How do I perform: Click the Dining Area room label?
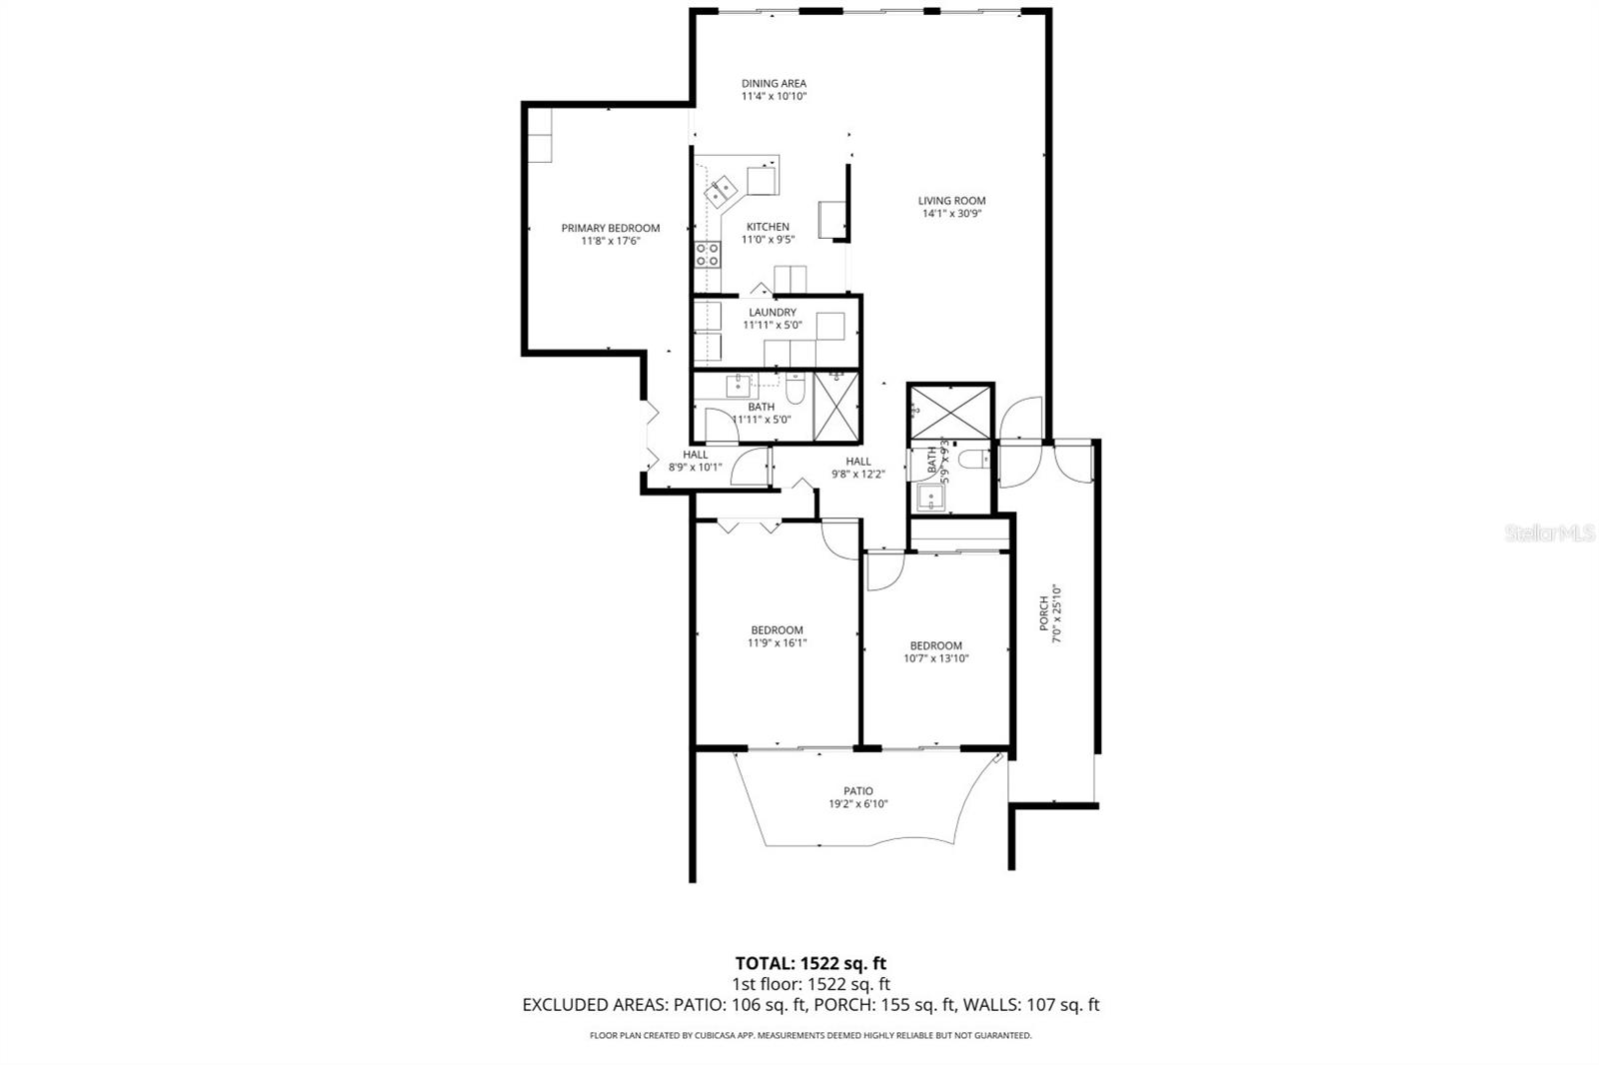coord(774,84)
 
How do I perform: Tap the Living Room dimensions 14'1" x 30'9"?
coord(951,213)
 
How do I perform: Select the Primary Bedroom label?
coord(610,228)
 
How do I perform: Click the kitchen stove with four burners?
coord(708,255)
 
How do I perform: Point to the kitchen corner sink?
coord(722,190)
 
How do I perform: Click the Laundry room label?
coord(773,313)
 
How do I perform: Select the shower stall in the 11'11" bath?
coord(836,406)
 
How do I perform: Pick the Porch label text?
coord(1043,613)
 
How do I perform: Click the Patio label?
coord(857,791)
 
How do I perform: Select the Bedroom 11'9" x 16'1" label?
coord(777,630)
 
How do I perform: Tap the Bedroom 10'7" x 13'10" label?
coord(935,646)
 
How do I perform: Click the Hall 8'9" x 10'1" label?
coord(695,455)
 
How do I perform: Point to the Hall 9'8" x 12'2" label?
coord(858,462)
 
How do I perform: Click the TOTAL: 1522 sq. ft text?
coord(810,964)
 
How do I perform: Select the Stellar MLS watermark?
coord(1550,534)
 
